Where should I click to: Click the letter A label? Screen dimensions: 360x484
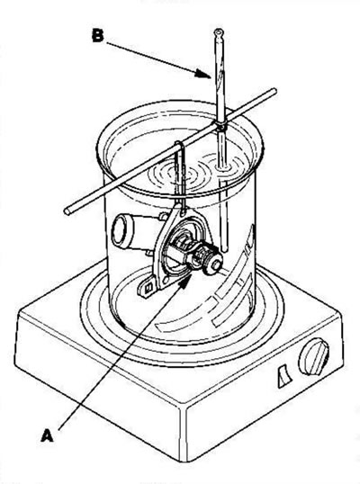click(47, 435)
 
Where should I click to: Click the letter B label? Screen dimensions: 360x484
click(98, 35)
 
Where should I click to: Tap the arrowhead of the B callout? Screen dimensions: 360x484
click(202, 74)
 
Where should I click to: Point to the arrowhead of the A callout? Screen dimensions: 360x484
click(184, 282)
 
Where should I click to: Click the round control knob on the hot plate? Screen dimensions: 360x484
click(314, 360)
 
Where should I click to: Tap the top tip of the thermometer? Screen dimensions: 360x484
click(219, 31)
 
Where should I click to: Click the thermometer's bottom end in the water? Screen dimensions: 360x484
click(225, 248)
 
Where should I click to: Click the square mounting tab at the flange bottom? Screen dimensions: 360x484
click(148, 287)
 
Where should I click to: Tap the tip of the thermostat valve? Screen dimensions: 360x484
click(216, 264)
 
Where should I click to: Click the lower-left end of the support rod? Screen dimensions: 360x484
click(67, 211)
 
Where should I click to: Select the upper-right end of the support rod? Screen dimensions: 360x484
click(274, 91)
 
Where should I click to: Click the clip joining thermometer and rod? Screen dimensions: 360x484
click(220, 125)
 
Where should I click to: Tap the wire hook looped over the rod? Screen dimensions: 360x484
click(180, 148)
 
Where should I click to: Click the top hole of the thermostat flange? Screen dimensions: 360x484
click(184, 212)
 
